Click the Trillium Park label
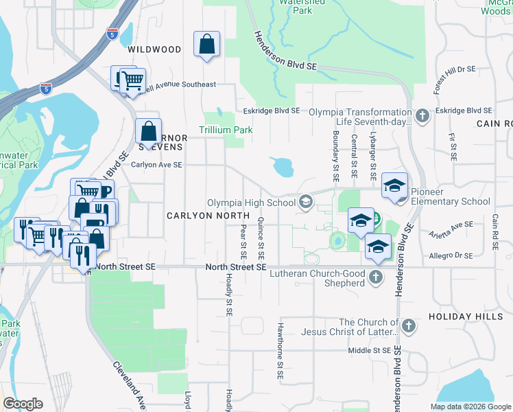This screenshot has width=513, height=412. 226,130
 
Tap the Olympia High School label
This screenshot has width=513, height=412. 251,202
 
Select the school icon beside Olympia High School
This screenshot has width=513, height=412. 305,202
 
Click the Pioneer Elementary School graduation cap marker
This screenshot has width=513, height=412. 395,185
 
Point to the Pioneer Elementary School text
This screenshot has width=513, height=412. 451,202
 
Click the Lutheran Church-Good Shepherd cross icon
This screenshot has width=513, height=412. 374,277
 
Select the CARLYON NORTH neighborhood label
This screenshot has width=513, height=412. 201,216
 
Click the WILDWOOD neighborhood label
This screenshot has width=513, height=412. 154,49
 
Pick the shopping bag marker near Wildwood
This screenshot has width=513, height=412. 206,45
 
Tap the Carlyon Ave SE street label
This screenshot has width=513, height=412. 157,165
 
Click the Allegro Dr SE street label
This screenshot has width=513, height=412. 450,255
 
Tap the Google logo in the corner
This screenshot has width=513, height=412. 23,404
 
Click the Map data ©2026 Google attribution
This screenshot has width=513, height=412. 470,407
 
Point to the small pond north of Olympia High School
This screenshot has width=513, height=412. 282,165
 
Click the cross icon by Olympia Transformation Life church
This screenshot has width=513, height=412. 422,115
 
